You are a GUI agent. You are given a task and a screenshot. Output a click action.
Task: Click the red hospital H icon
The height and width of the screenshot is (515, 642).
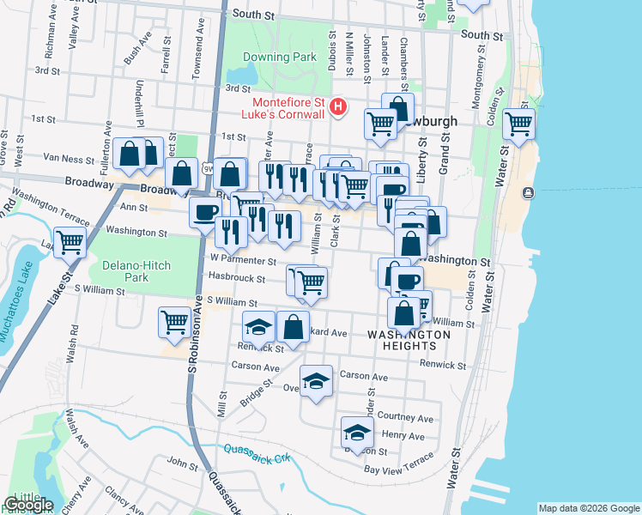coord(338,107)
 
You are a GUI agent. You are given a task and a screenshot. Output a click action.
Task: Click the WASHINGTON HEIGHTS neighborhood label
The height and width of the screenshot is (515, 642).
coord(409,340)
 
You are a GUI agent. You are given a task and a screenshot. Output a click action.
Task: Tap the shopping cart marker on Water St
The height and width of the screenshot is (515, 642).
coord(518,124)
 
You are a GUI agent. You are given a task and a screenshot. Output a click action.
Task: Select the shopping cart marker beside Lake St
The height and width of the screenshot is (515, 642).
coord(70,241)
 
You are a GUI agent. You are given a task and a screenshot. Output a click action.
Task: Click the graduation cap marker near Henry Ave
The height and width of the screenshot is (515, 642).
coord(357,431)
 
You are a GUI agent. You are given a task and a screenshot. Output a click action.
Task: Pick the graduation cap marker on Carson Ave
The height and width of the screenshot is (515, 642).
coord(316,379)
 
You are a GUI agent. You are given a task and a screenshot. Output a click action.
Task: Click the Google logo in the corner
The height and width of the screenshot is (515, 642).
coord(27,506)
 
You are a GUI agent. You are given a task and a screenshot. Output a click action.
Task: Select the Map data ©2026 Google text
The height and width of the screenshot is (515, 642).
coord(588,508)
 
